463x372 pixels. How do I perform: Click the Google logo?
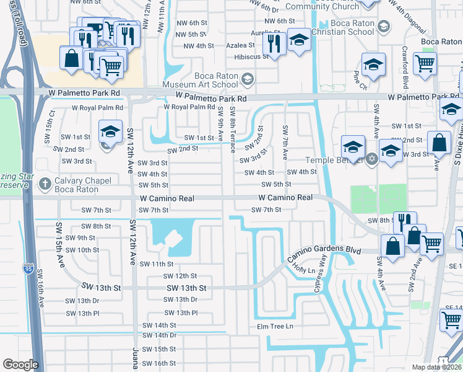click(20, 364)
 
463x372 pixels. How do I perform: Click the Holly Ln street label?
click(305, 270)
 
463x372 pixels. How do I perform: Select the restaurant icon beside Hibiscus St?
click(272, 44)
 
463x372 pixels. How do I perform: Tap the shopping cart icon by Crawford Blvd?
click(425, 63)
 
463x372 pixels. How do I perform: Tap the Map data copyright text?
click(437, 367)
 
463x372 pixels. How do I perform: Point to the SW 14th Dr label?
click(160, 335)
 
